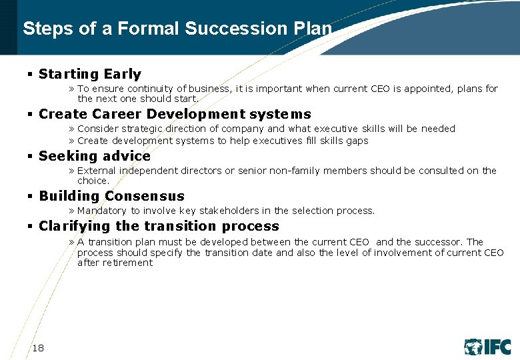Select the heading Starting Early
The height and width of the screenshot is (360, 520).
pos(90,74)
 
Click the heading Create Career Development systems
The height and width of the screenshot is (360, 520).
pos(175,114)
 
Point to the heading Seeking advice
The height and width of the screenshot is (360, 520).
pos(95,156)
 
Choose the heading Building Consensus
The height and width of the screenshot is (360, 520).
pos(111,196)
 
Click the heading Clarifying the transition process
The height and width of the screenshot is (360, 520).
pos(159,226)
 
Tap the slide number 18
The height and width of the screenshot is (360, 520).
pos(39,347)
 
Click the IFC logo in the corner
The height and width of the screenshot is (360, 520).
pos(487,347)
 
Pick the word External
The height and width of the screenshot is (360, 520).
pos(97,171)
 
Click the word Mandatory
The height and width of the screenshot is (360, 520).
pos(101,211)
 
